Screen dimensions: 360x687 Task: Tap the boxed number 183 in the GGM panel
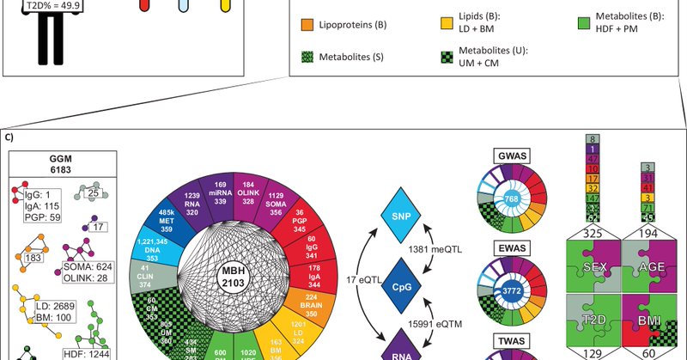point(36,257)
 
